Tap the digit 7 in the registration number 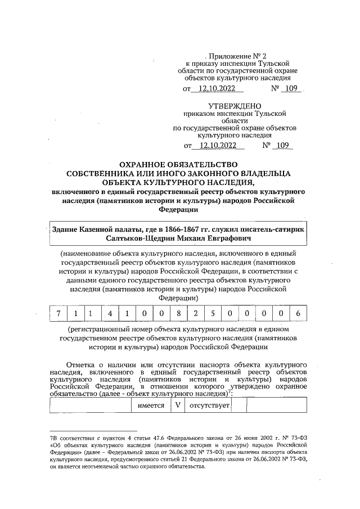point(58,313)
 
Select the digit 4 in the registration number point(112,313)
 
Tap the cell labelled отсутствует point(209,406)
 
